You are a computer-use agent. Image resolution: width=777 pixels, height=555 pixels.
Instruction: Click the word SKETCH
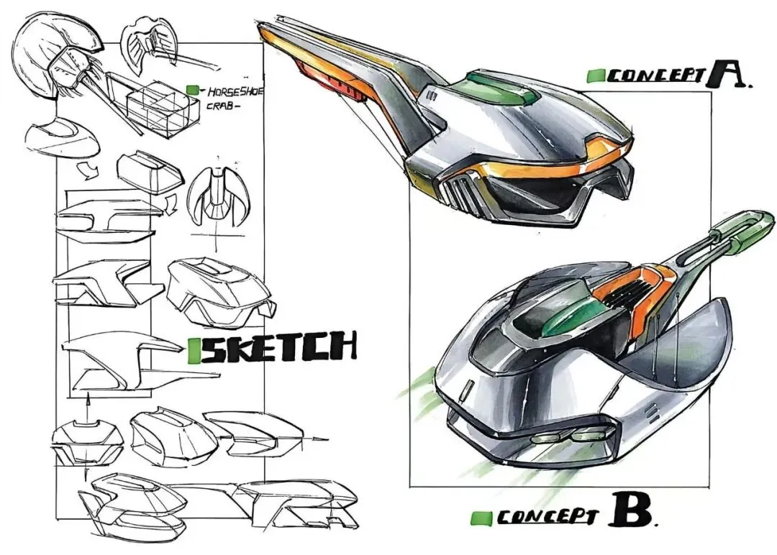point(278,349)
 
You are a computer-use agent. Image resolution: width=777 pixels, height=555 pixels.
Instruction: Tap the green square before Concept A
point(595,75)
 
